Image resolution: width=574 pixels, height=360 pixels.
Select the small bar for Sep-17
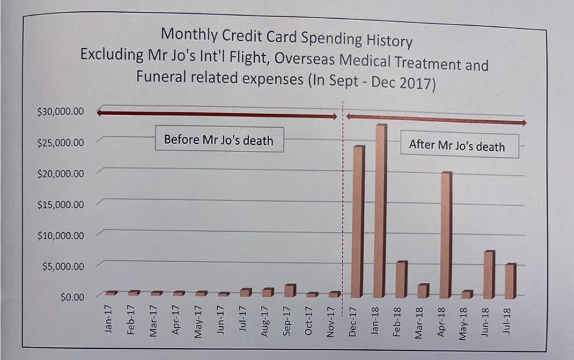click(x=290, y=291)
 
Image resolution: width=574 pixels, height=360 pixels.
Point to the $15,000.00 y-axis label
click(x=60, y=204)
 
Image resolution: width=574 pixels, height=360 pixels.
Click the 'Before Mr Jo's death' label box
click(x=218, y=140)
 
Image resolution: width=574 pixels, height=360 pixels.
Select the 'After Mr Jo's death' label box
click(x=456, y=146)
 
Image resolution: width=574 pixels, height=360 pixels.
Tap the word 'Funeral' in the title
click(x=160, y=77)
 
